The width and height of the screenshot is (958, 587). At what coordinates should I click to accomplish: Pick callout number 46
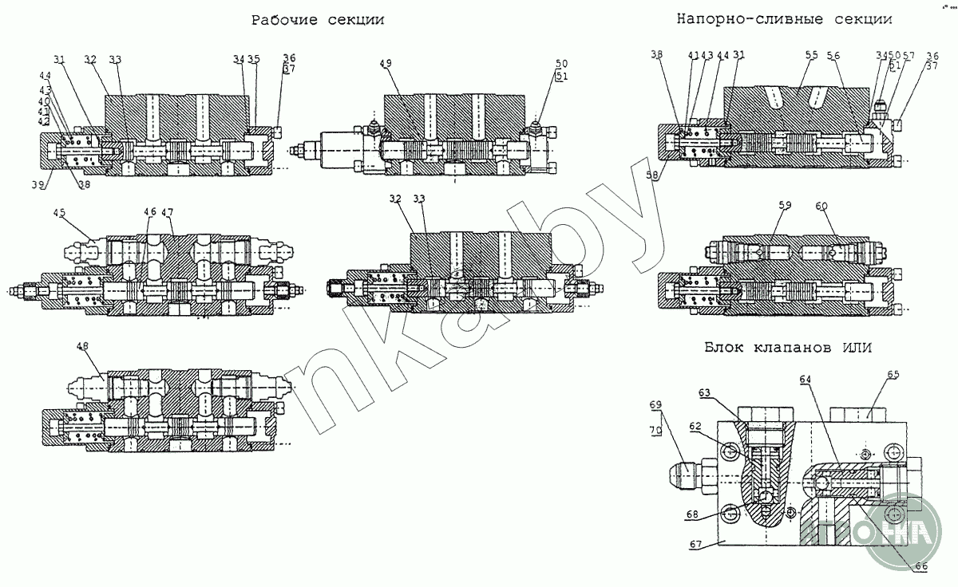[x=150, y=212]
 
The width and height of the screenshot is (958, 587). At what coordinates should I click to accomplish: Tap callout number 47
[x=168, y=212]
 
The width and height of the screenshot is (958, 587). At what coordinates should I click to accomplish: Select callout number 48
[x=83, y=346]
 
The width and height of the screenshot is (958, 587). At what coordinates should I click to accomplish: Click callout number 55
[x=812, y=55]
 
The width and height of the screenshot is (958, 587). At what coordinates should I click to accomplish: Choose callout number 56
[x=833, y=55]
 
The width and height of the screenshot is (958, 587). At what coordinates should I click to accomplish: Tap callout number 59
[x=786, y=207]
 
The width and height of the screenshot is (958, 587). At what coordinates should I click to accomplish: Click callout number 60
[x=821, y=207]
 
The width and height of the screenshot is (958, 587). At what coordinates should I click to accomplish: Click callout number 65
[x=893, y=374]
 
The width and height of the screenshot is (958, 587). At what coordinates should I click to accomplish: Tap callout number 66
[x=921, y=565]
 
